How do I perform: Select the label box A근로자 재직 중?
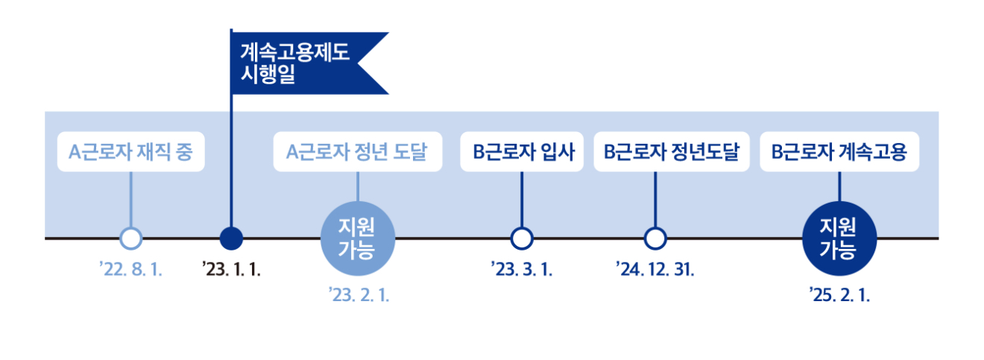tap(130, 152)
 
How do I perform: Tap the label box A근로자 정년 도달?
tap(357, 152)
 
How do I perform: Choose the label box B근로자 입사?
tap(521, 152)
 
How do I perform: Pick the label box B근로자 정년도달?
tap(671, 152)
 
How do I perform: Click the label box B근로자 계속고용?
tap(839, 152)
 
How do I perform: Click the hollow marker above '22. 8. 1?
tap(130, 239)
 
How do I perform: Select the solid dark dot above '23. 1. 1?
tap(232, 239)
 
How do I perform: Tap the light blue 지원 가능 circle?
tap(357, 238)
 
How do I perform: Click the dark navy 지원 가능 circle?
tap(839, 238)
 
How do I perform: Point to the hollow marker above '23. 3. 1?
tap(522, 239)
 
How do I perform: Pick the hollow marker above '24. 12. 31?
tap(655, 239)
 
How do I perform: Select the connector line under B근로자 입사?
tap(522, 199)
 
